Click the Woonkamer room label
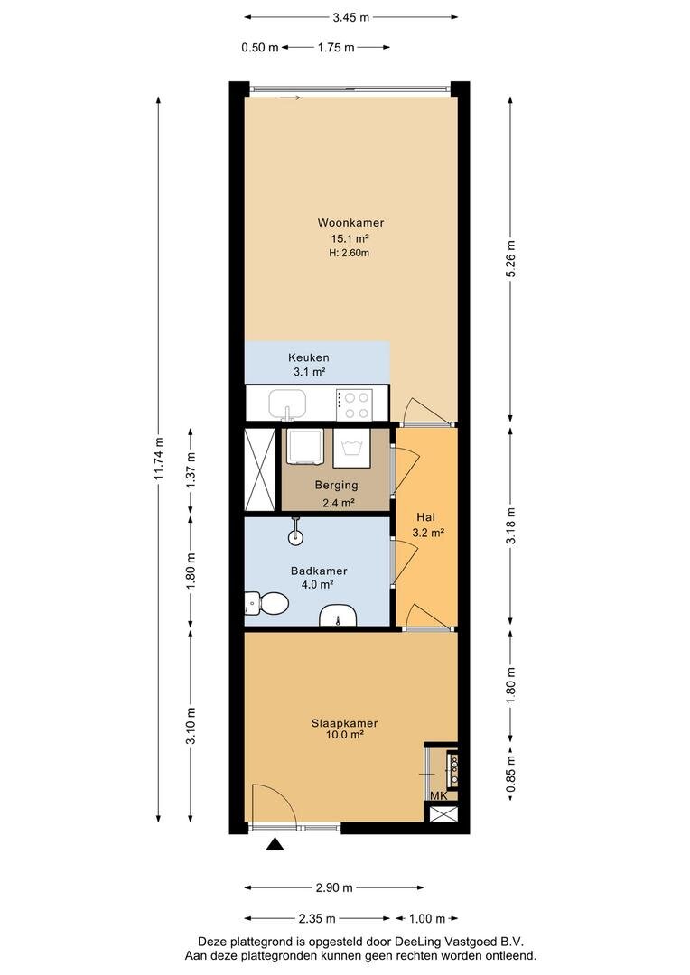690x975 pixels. [x=350, y=223]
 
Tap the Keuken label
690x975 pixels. [x=309, y=357]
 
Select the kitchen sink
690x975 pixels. [x=287, y=404]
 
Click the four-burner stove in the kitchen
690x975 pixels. [x=354, y=404]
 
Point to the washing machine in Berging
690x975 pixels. [x=352, y=448]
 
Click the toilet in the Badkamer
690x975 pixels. [x=267, y=602]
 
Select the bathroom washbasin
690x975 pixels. [x=337, y=615]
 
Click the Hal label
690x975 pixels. [x=425, y=516]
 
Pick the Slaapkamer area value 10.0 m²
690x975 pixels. [x=344, y=734]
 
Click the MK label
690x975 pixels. [x=439, y=796]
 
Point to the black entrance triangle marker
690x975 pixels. [x=275, y=844]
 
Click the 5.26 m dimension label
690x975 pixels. [x=511, y=259]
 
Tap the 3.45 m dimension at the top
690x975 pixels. [x=351, y=17]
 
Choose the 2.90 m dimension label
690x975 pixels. [x=334, y=887]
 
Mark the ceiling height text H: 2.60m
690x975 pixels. [x=349, y=253]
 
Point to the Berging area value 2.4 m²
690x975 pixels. [x=339, y=503]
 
